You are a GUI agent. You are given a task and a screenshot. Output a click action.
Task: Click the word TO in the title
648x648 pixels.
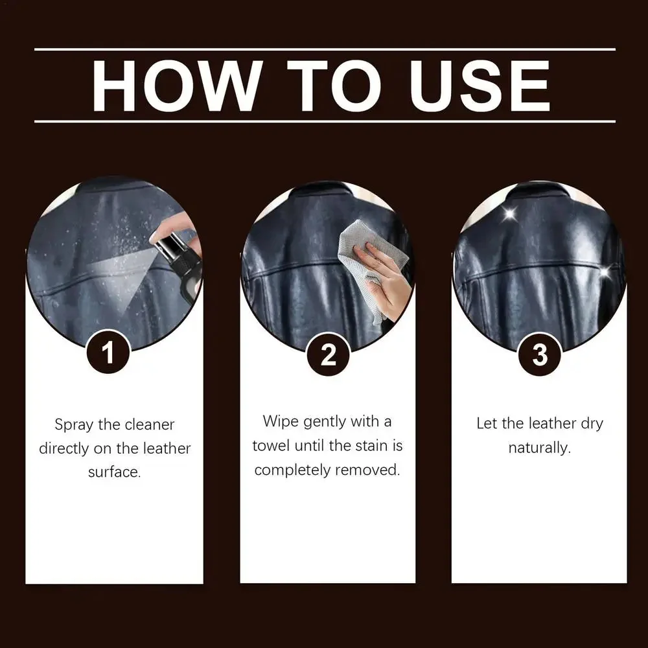(324, 86)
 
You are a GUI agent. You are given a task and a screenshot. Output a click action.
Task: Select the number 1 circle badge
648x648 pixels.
(108, 354)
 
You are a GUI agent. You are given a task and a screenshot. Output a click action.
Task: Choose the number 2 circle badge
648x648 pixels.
(329, 354)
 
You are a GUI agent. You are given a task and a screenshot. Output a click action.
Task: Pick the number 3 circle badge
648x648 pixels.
(539, 354)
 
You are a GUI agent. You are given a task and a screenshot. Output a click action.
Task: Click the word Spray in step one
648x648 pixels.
(75, 425)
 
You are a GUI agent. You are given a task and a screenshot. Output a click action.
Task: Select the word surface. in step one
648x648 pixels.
(114, 472)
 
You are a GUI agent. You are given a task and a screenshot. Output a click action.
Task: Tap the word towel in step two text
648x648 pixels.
(271, 446)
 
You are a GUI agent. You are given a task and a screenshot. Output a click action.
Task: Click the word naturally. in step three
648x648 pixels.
(539, 448)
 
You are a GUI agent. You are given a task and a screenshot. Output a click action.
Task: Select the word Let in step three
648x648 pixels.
(487, 424)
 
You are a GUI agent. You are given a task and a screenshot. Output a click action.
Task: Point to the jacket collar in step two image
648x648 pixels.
(324, 194)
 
